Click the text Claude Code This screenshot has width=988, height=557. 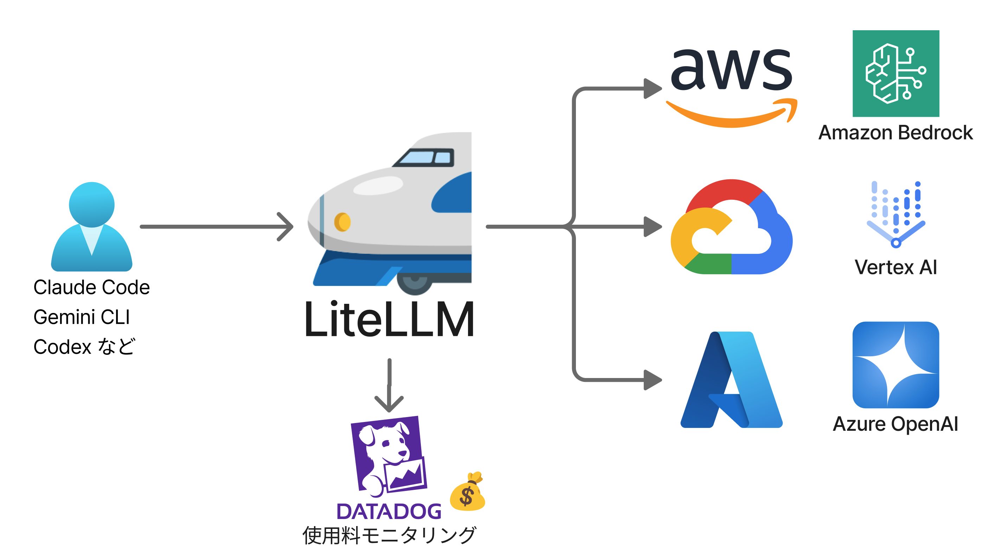pos(91,287)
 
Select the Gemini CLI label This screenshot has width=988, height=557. pos(82,317)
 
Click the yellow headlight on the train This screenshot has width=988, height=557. pos(342,222)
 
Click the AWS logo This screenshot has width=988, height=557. pos(731,86)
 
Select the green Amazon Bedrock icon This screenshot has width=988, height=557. pos(896,73)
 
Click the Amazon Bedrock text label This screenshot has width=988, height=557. pos(896,133)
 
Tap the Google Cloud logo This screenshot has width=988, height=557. pos(731,227)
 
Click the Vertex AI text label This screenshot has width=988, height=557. pos(896,267)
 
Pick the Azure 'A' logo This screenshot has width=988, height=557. pos(731,380)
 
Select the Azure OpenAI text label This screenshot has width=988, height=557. pos(896,424)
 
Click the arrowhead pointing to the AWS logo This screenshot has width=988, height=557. pos(652,89)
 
